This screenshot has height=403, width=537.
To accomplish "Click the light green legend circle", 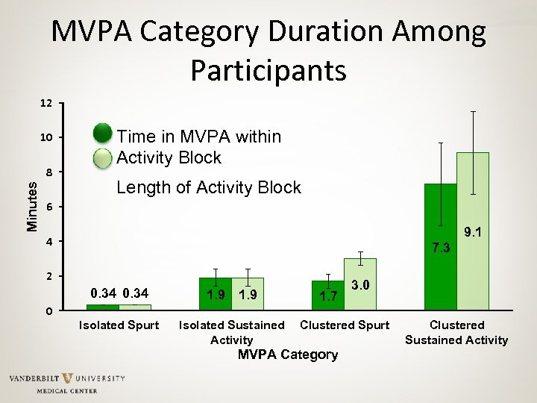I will coord(103,158).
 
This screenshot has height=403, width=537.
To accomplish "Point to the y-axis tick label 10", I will coord(46,138).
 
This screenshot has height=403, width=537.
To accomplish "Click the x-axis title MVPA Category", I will coord(287,354).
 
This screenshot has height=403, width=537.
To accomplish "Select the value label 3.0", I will coord(360,285).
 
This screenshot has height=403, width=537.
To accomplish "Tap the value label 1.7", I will coord(328,296).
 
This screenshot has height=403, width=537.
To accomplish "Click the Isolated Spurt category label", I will coord(119,325).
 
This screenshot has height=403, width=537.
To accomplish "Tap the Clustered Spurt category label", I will coord(345,325).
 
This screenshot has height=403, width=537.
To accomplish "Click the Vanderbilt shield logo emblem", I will coord(68,380).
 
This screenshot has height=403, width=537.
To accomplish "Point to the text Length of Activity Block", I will coord(209,188).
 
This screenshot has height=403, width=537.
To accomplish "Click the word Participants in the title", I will coord(268,70).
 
